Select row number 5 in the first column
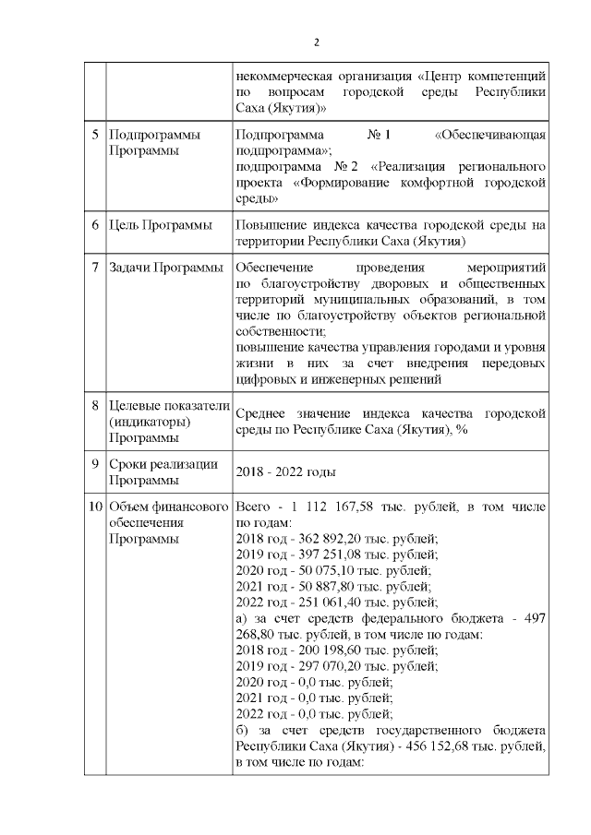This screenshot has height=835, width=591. click(96, 136)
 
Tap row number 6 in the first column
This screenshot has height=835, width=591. click(96, 225)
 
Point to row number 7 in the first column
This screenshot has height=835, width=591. click(96, 268)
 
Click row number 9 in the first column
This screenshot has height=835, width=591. click(96, 463)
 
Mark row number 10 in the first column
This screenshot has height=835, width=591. click(95, 507)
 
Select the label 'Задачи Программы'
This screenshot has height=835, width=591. click(166, 268)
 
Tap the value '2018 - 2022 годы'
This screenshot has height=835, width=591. click(285, 472)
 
